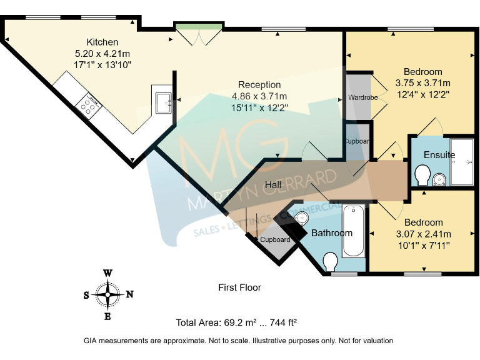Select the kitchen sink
(164, 102)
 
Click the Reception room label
(259, 85)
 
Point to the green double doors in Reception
(198, 36)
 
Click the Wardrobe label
(360, 98)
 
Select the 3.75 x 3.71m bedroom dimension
(422, 83)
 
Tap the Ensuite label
(439, 155)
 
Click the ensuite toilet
(421, 174)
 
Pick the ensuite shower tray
(462, 161)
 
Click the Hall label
(272, 185)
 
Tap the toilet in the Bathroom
(331, 260)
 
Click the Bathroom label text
(332, 233)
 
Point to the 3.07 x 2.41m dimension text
(423, 234)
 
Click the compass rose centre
(108, 294)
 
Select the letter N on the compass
(129, 295)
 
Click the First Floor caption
(239, 287)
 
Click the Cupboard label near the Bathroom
(275, 239)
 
